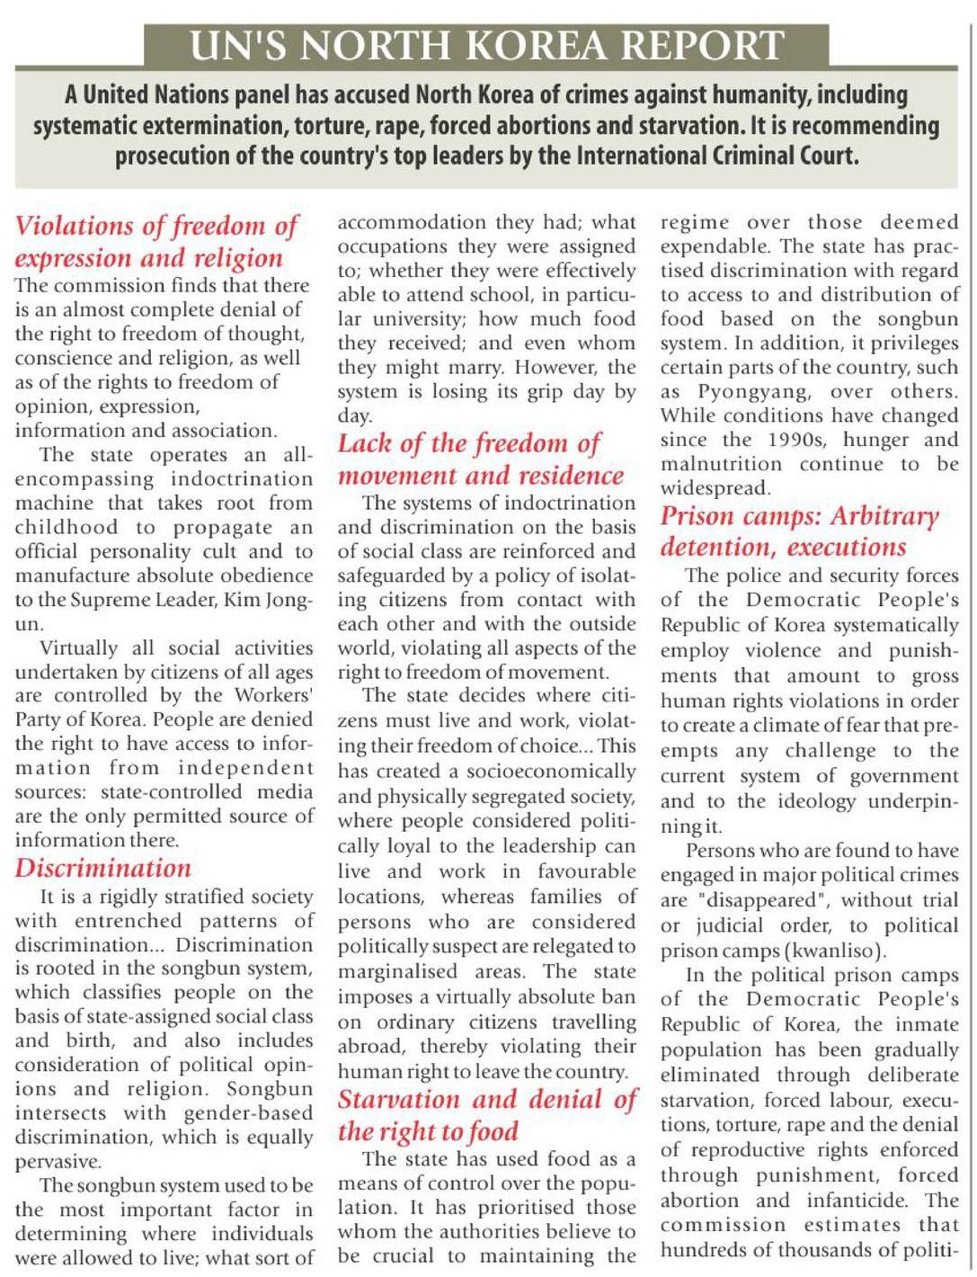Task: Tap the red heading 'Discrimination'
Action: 103,868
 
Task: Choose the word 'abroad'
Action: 371,1047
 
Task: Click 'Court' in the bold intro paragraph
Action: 828,156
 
